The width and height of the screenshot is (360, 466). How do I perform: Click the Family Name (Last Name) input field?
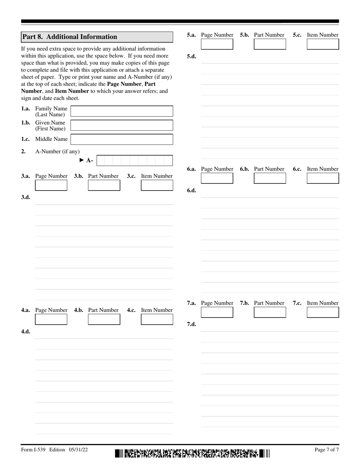pyautogui.click(x=122, y=111)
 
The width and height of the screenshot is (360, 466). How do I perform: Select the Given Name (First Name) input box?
pyautogui.click(x=122, y=125)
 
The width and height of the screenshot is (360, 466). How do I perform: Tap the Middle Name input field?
pyautogui.click(x=122, y=139)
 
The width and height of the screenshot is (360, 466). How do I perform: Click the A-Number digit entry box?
pyautogui.click(x=135, y=161)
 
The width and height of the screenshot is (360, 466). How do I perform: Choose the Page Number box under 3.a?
pyautogui.click(x=51, y=185)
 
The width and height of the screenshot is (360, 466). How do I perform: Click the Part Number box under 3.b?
pyautogui.click(x=104, y=185)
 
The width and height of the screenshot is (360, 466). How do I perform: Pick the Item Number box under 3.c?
pyautogui.click(x=157, y=185)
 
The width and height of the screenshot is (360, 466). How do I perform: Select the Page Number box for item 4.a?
pyautogui.click(x=51, y=319)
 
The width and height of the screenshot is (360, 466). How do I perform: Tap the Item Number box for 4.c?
pyautogui.click(x=157, y=319)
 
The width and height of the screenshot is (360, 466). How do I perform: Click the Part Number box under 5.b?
pyautogui.click(x=270, y=44)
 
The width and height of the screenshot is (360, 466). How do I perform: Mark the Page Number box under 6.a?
pyautogui.click(x=217, y=178)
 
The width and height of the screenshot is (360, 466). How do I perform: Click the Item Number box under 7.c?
pyautogui.click(x=322, y=313)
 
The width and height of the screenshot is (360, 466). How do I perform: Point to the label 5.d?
pyautogui.click(x=191, y=56)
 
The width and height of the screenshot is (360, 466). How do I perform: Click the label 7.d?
pyautogui.click(x=191, y=324)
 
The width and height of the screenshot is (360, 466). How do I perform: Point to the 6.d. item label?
pyautogui.click(x=191, y=191)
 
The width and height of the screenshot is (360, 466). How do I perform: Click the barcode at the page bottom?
pyautogui.click(x=192, y=453)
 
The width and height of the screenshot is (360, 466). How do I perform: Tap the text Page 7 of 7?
pyautogui.click(x=327, y=450)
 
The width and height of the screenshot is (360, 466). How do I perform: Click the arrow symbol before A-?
pyautogui.click(x=81, y=160)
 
